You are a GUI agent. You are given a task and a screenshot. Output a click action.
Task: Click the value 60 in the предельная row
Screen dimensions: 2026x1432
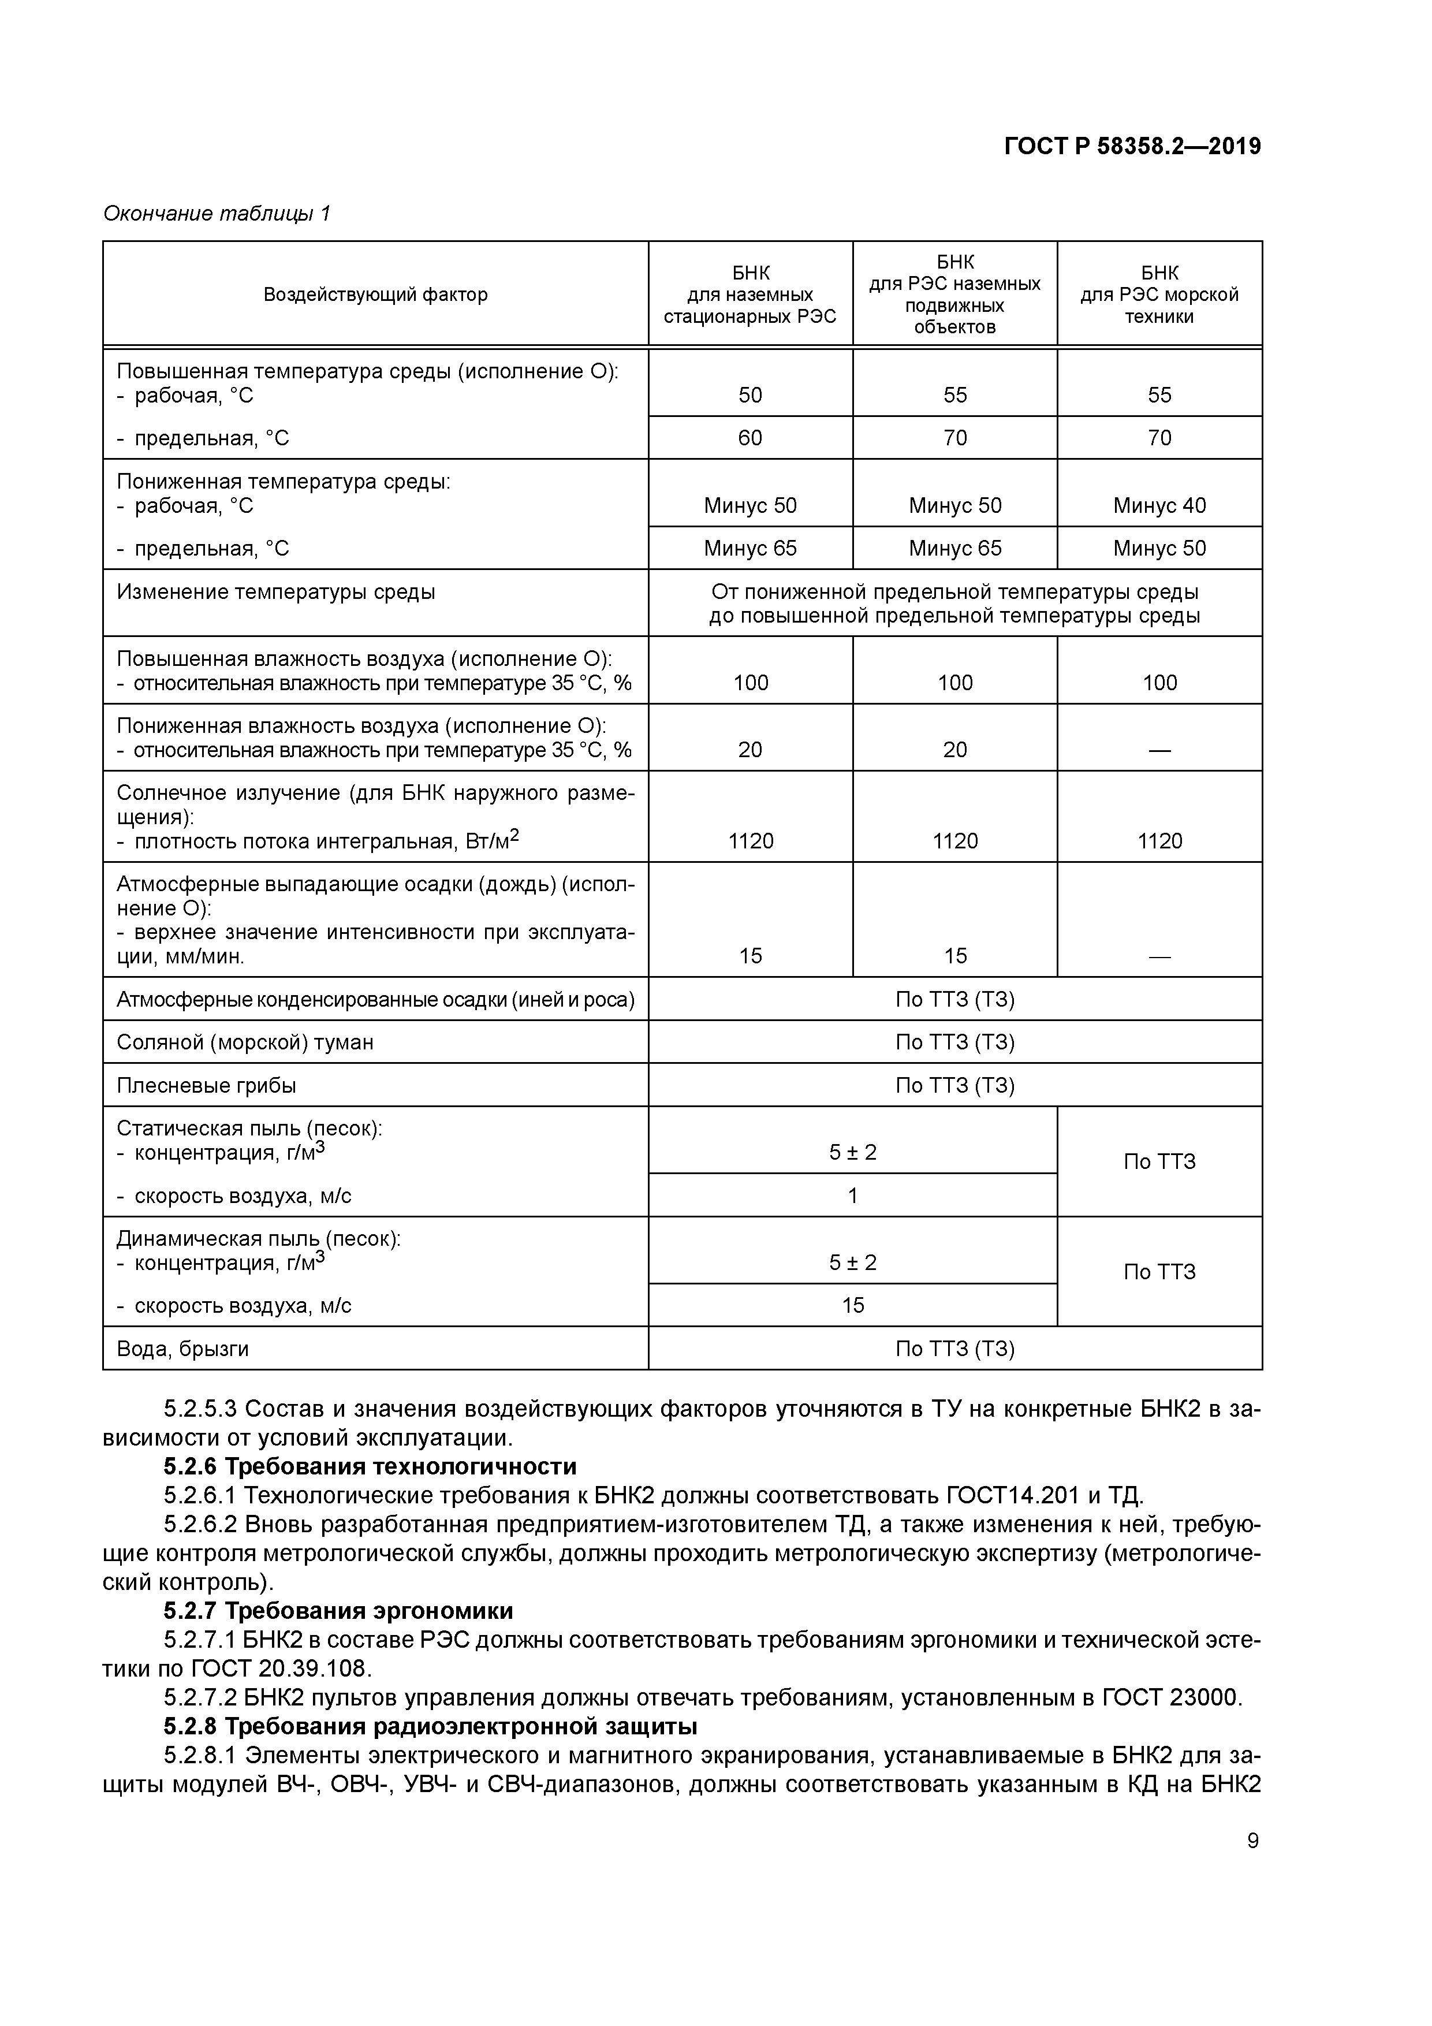click(x=750, y=438)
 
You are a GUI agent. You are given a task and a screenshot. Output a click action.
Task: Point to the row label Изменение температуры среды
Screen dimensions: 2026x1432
click(x=275, y=592)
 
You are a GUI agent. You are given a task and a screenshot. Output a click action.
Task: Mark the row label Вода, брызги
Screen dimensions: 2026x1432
click(x=182, y=1349)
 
